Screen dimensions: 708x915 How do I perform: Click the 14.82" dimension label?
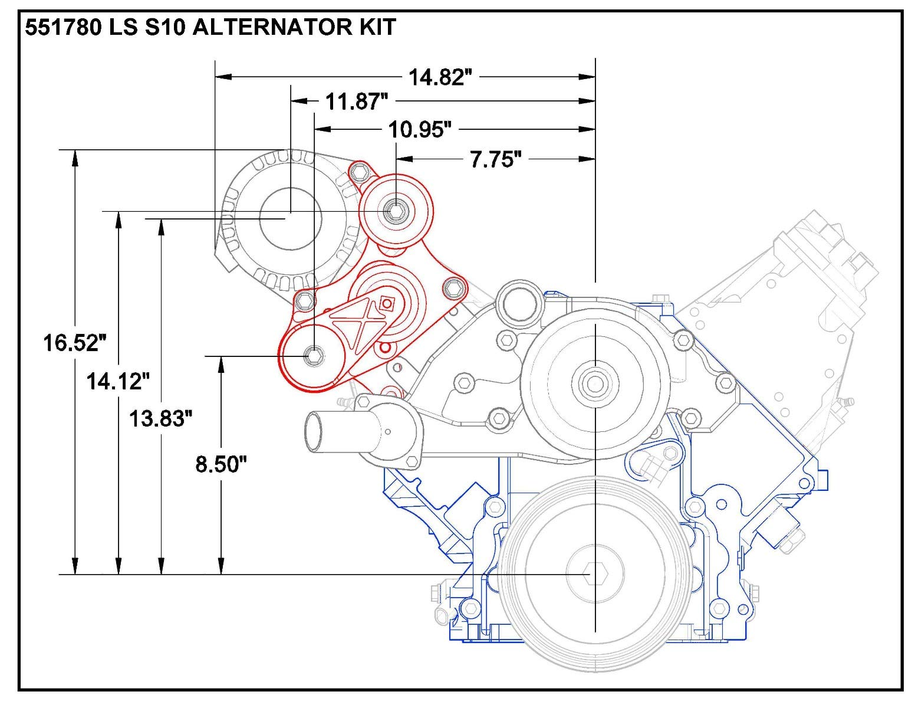pos(440,77)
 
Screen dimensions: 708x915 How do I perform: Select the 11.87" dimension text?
pos(357,102)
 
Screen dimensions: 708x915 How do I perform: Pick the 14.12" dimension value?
pos(115,382)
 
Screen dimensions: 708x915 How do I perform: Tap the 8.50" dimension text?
pos(220,465)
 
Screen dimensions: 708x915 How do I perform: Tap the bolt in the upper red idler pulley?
pos(396,211)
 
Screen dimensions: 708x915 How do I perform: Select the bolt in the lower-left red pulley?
pos(313,356)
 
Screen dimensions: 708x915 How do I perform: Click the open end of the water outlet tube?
pos(313,432)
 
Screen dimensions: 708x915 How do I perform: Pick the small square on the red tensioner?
pos(387,304)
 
